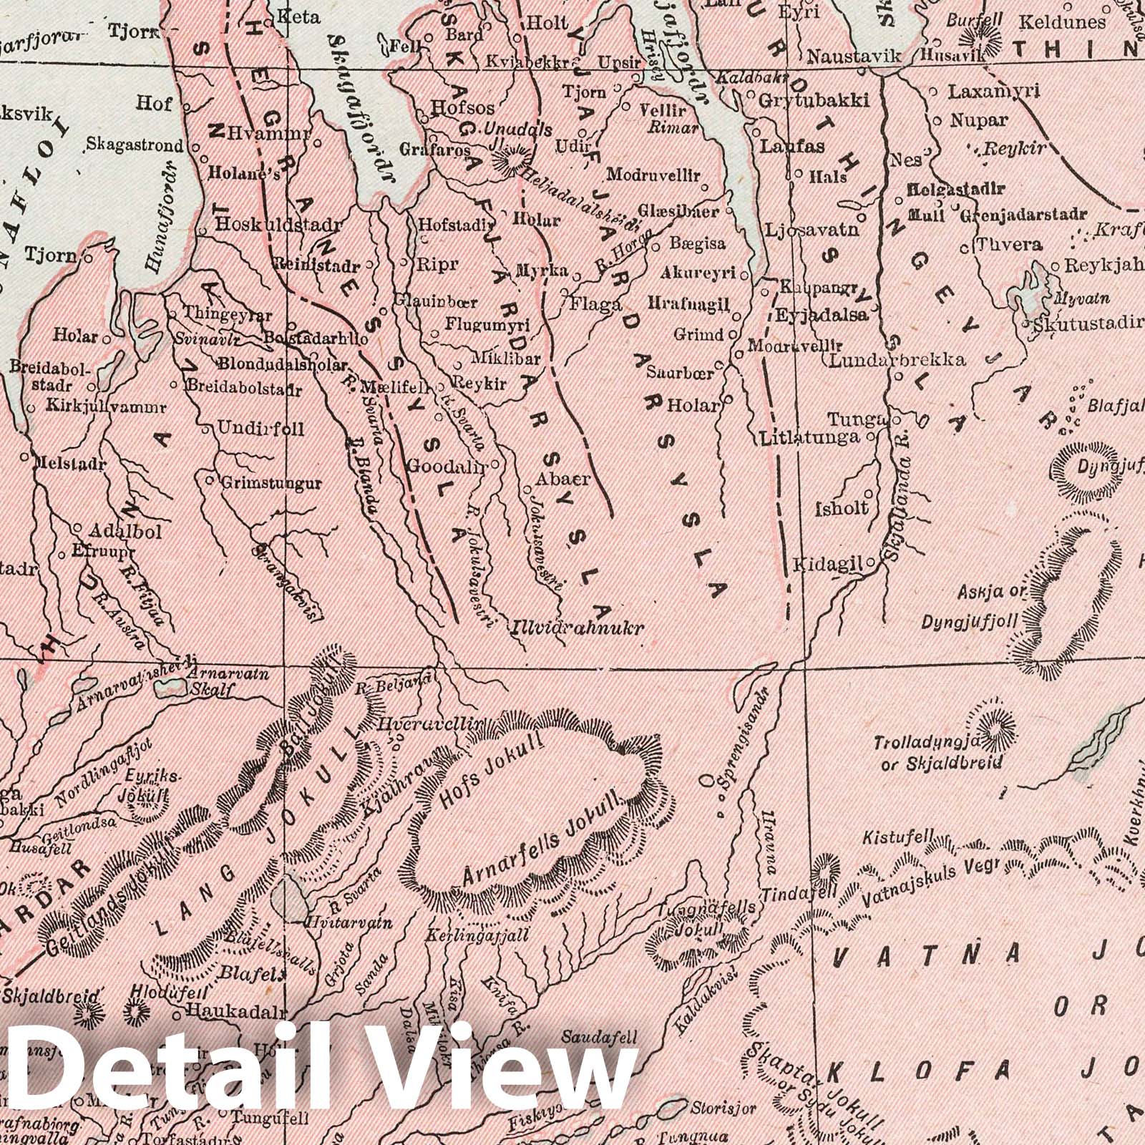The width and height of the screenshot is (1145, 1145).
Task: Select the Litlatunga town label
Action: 809,437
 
